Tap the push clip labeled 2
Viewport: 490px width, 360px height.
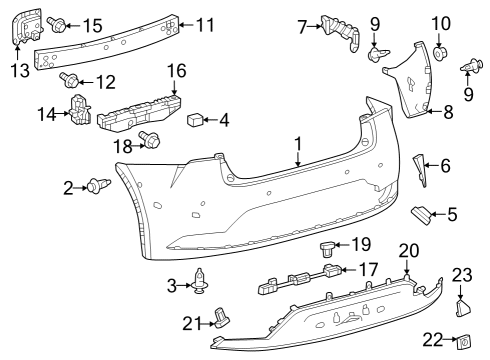click(98, 185)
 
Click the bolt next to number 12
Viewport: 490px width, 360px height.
click(71, 79)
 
